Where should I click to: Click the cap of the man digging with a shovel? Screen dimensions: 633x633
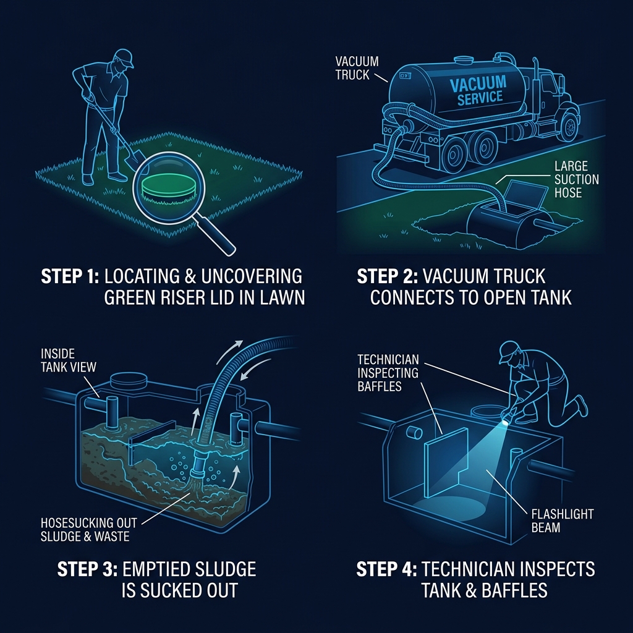pyautogui.click(x=124, y=57)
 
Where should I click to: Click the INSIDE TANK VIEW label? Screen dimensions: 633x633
pyautogui.click(x=68, y=360)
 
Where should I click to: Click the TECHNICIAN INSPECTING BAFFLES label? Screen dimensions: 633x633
pyautogui.click(x=388, y=373)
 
